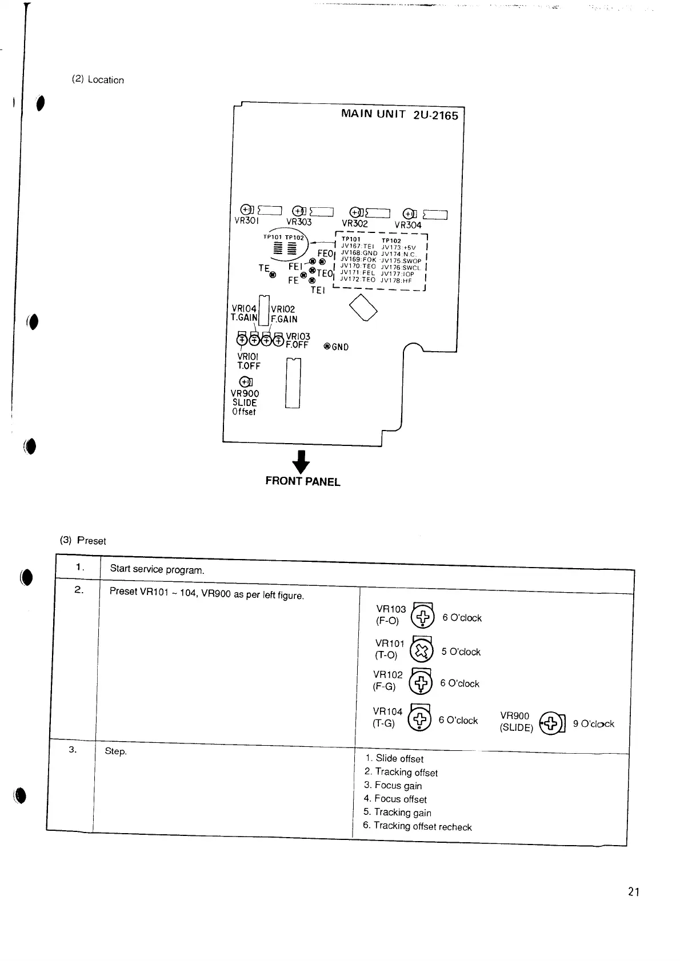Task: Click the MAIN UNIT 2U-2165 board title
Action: click(399, 114)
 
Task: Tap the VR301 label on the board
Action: click(247, 220)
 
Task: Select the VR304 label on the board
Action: click(407, 225)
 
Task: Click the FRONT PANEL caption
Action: click(302, 481)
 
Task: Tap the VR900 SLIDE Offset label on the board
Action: click(245, 402)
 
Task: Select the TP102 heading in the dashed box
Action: click(391, 241)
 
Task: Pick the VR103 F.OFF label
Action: click(297, 341)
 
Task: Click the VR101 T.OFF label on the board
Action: click(249, 361)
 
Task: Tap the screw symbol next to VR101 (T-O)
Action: click(421, 650)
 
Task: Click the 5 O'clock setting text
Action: click(461, 652)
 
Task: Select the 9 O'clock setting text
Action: click(593, 724)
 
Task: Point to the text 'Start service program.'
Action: click(157, 569)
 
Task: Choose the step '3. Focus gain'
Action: click(393, 786)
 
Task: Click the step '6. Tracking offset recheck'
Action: click(417, 826)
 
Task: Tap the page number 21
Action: click(633, 892)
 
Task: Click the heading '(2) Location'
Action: click(98, 80)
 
